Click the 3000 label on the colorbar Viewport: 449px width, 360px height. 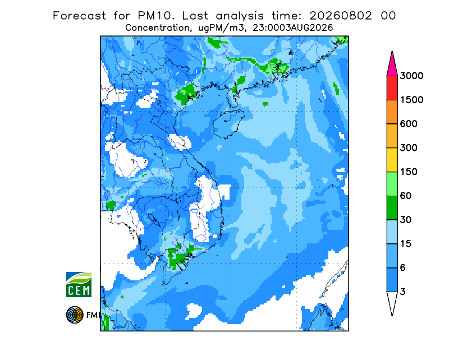click(x=411, y=76)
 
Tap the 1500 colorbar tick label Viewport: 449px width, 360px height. click(x=411, y=100)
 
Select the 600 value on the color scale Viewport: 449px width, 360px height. click(x=409, y=124)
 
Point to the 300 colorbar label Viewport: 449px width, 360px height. click(x=409, y=148)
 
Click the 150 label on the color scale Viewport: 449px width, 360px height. click(x=409, y=172)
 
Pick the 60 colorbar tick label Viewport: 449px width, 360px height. click(x=406, y=196)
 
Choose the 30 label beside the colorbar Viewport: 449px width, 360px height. click(x=406, y=220)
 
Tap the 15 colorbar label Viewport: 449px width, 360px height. click(x=406, y=244)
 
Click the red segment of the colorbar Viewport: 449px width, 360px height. click(x=392, y=88)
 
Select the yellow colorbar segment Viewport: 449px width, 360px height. click(x=392, y=160)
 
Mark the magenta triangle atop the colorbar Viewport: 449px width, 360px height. click(x=392, y=66)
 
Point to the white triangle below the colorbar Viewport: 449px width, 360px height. click(x=392, y=302)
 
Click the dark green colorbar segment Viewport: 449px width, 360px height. click(x=392, y=208)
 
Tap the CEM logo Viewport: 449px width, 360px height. click(x=79, y=284)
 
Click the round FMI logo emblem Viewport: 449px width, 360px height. click(x=75, y=315)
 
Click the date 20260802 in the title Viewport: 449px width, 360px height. click(x=341, y=16)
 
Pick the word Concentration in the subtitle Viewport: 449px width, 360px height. click(x=157, y=28)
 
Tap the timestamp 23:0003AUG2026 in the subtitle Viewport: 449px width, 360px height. click(x=292, y=28)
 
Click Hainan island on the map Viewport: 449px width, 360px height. click(x=228, y=123)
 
